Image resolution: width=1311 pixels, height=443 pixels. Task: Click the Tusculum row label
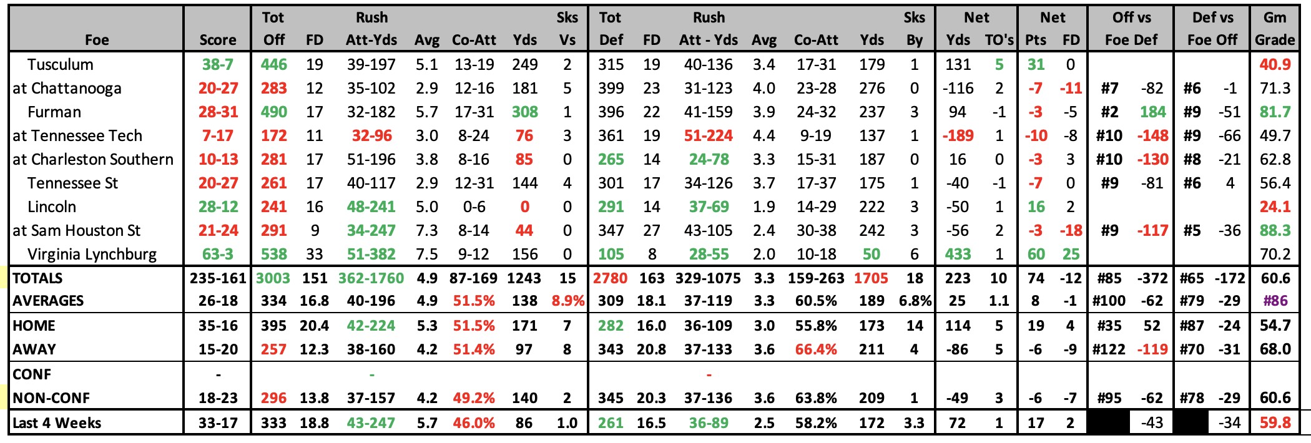click(x=60, y=64)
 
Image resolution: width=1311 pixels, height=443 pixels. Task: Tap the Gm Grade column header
click(x=1274, y=29)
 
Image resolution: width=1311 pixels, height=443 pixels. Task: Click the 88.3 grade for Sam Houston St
click(x=1274, y=230)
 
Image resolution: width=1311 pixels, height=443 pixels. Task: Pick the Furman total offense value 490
click(x=273, y=112)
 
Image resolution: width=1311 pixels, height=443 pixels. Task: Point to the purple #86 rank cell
click(x=1274, y=301)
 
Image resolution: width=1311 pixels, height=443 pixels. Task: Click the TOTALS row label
click(x=37, y=278)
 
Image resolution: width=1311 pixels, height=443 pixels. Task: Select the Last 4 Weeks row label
click(x=57, y=423)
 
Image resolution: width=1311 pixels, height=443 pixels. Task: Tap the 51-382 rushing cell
click(x=371, y=254)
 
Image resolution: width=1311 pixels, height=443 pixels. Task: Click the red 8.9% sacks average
click(x=567, y=301)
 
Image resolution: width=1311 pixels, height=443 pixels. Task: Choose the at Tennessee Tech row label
click(x=77, y=135)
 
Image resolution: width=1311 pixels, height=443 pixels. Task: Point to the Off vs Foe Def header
click(x=1131, y=29)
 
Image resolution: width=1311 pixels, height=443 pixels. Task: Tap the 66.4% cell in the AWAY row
click(x=815, y=349)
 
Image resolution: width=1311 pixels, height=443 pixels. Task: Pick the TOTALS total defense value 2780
click(x=610, y=278)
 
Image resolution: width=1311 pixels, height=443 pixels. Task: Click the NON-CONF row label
click(x=51, y=398)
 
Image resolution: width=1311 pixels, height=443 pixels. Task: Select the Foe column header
click(x=97, y=40)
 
